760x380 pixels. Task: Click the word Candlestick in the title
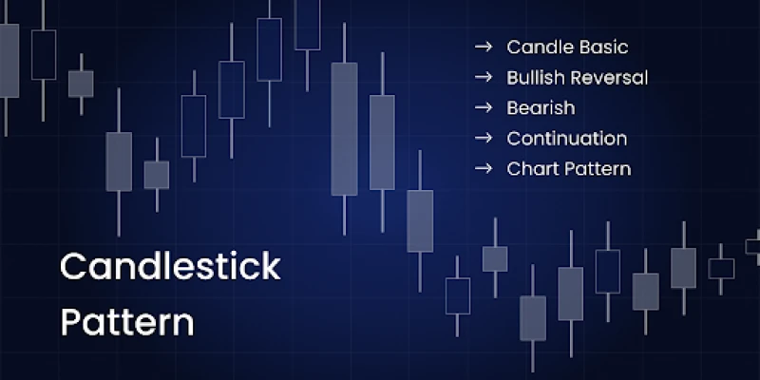coord(171,266)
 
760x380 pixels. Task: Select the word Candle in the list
coord(536,47)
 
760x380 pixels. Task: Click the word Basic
coord(600,47)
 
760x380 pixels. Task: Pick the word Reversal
coord(608,78)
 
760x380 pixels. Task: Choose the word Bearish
coord(541,107)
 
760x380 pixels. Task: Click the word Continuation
coord(567,138)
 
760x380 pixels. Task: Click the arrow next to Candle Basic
coord(484,47)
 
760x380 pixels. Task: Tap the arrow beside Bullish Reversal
coord(484,78)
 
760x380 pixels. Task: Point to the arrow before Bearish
coord(484,107)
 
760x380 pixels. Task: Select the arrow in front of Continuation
coord(484,138)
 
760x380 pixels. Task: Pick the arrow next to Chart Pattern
coord(484,169)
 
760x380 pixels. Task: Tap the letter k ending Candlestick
coord(272,266)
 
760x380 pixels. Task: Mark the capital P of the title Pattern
coord(70,321)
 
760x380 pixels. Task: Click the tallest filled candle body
coord(344,129)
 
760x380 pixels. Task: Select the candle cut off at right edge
coord(754,247)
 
